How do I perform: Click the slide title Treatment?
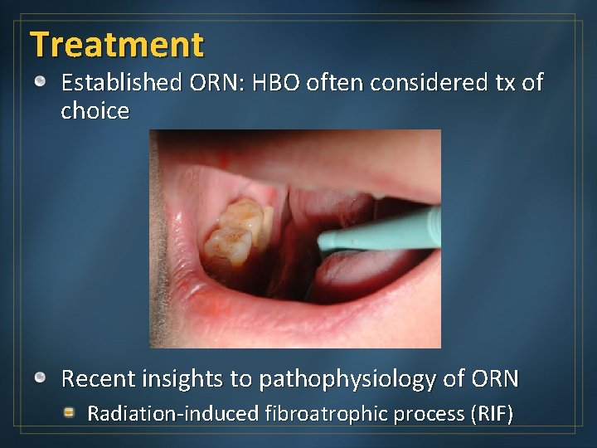coord(116,44)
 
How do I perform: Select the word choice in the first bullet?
coord(95,111)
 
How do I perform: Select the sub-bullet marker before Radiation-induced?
coord(71,412)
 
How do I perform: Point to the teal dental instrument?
coord(381,233)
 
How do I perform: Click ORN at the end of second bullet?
coord(494,379)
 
